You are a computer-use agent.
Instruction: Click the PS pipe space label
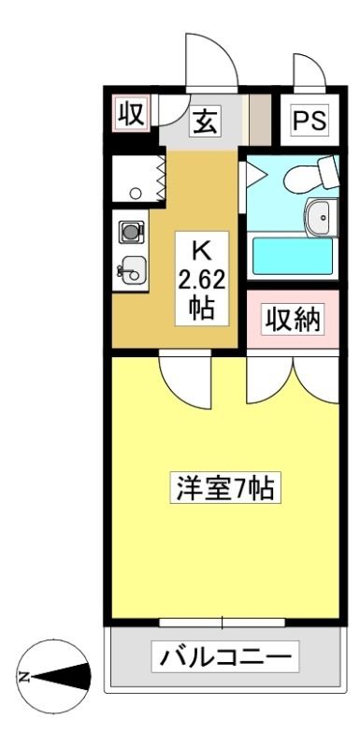(x=309, y=121)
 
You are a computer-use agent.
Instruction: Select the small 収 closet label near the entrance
(x=131, y=113)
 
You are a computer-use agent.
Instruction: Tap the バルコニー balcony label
(x=224, y=657)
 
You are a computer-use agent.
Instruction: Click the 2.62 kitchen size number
(x=202, y=282)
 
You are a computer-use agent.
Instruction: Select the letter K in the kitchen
(x=201, y=252)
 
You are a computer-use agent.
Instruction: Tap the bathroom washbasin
(x=322, y=218)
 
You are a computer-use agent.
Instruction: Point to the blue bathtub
(x=293, y=256)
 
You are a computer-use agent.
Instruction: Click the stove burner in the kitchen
(x=131, y=233)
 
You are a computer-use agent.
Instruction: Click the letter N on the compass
(x=22, y=676)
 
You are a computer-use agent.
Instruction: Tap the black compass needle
(x=61, y=676)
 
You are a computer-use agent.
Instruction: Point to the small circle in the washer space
(x=136, y=194)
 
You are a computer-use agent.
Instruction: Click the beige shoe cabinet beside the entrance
(x=260, y=120)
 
